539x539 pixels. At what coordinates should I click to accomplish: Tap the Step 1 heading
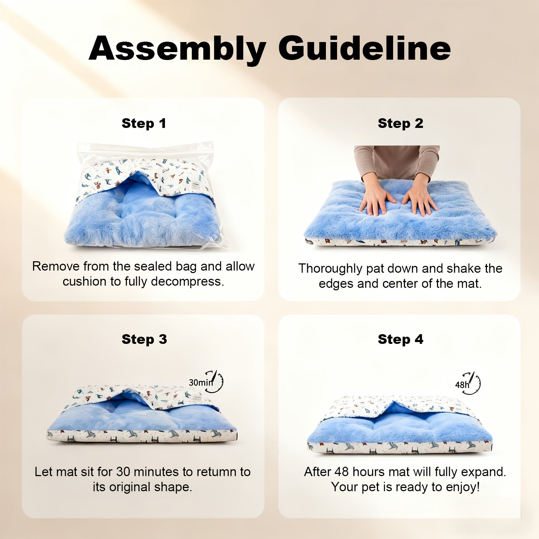(x=144, y=123)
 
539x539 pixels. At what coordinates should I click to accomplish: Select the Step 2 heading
(x=400, y=123)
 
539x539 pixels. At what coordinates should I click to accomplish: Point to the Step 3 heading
(x=144, y=339)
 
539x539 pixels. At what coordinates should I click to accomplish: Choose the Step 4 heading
(x=400, y=339)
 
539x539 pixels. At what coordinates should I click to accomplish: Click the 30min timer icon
(x=206, y=382)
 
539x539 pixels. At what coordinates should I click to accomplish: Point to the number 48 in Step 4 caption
(x=342, y=472)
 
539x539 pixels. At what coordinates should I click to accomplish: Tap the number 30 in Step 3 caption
(x=123, y=472)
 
